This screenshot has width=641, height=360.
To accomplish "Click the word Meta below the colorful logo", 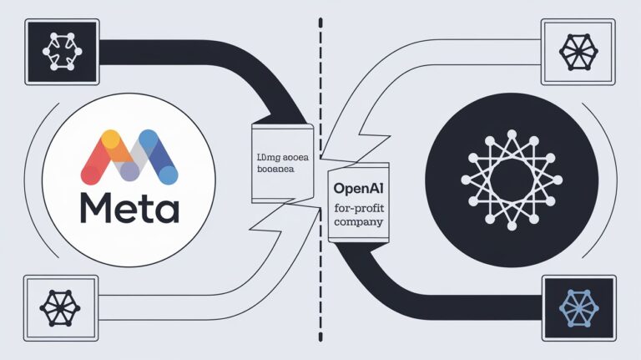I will tap(129, 206).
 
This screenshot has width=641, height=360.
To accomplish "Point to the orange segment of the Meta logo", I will tap(117, 144).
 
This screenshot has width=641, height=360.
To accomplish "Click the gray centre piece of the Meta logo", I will tap(129, 167).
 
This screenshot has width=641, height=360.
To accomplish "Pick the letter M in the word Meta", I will tap(97, 207).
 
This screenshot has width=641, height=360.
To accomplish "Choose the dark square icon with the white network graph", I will tap(58, 49).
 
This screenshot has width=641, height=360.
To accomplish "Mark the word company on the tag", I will tap(357, 223).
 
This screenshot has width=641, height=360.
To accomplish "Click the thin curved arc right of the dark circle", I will tap(616, 180).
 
